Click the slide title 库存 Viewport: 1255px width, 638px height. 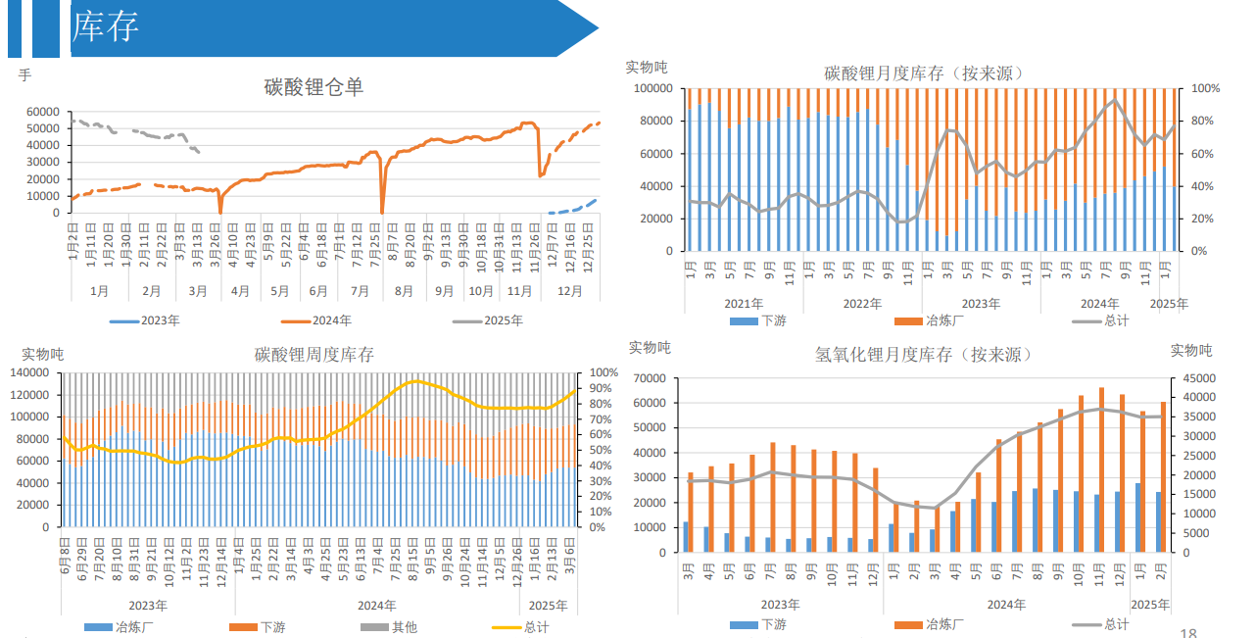click(x=105, y=27)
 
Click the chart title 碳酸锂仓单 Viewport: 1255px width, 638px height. click(x=314, y=87)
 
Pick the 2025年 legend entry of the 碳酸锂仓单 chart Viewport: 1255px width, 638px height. click(x=503, y=320)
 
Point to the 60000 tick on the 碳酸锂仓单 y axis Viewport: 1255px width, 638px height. click(x=42, y=112)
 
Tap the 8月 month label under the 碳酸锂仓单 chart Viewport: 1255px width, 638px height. click(x=404, y=291)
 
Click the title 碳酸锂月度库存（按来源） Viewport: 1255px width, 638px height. click(x=924, y=74)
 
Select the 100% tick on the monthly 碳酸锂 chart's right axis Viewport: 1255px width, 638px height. click(x=1205, y=88)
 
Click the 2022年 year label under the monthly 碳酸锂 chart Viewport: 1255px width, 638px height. click(x=862, y=304)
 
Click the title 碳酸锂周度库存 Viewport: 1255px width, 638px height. click(x=314, y=354)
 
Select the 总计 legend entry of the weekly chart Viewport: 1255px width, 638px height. click(x=536, y=627)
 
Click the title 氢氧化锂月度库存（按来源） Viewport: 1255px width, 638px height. click(x=924, y=354)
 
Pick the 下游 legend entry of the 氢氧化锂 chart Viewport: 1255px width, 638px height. click(x=773, y=624)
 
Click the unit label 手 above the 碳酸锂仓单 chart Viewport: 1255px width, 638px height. click(x=24, y=74)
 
